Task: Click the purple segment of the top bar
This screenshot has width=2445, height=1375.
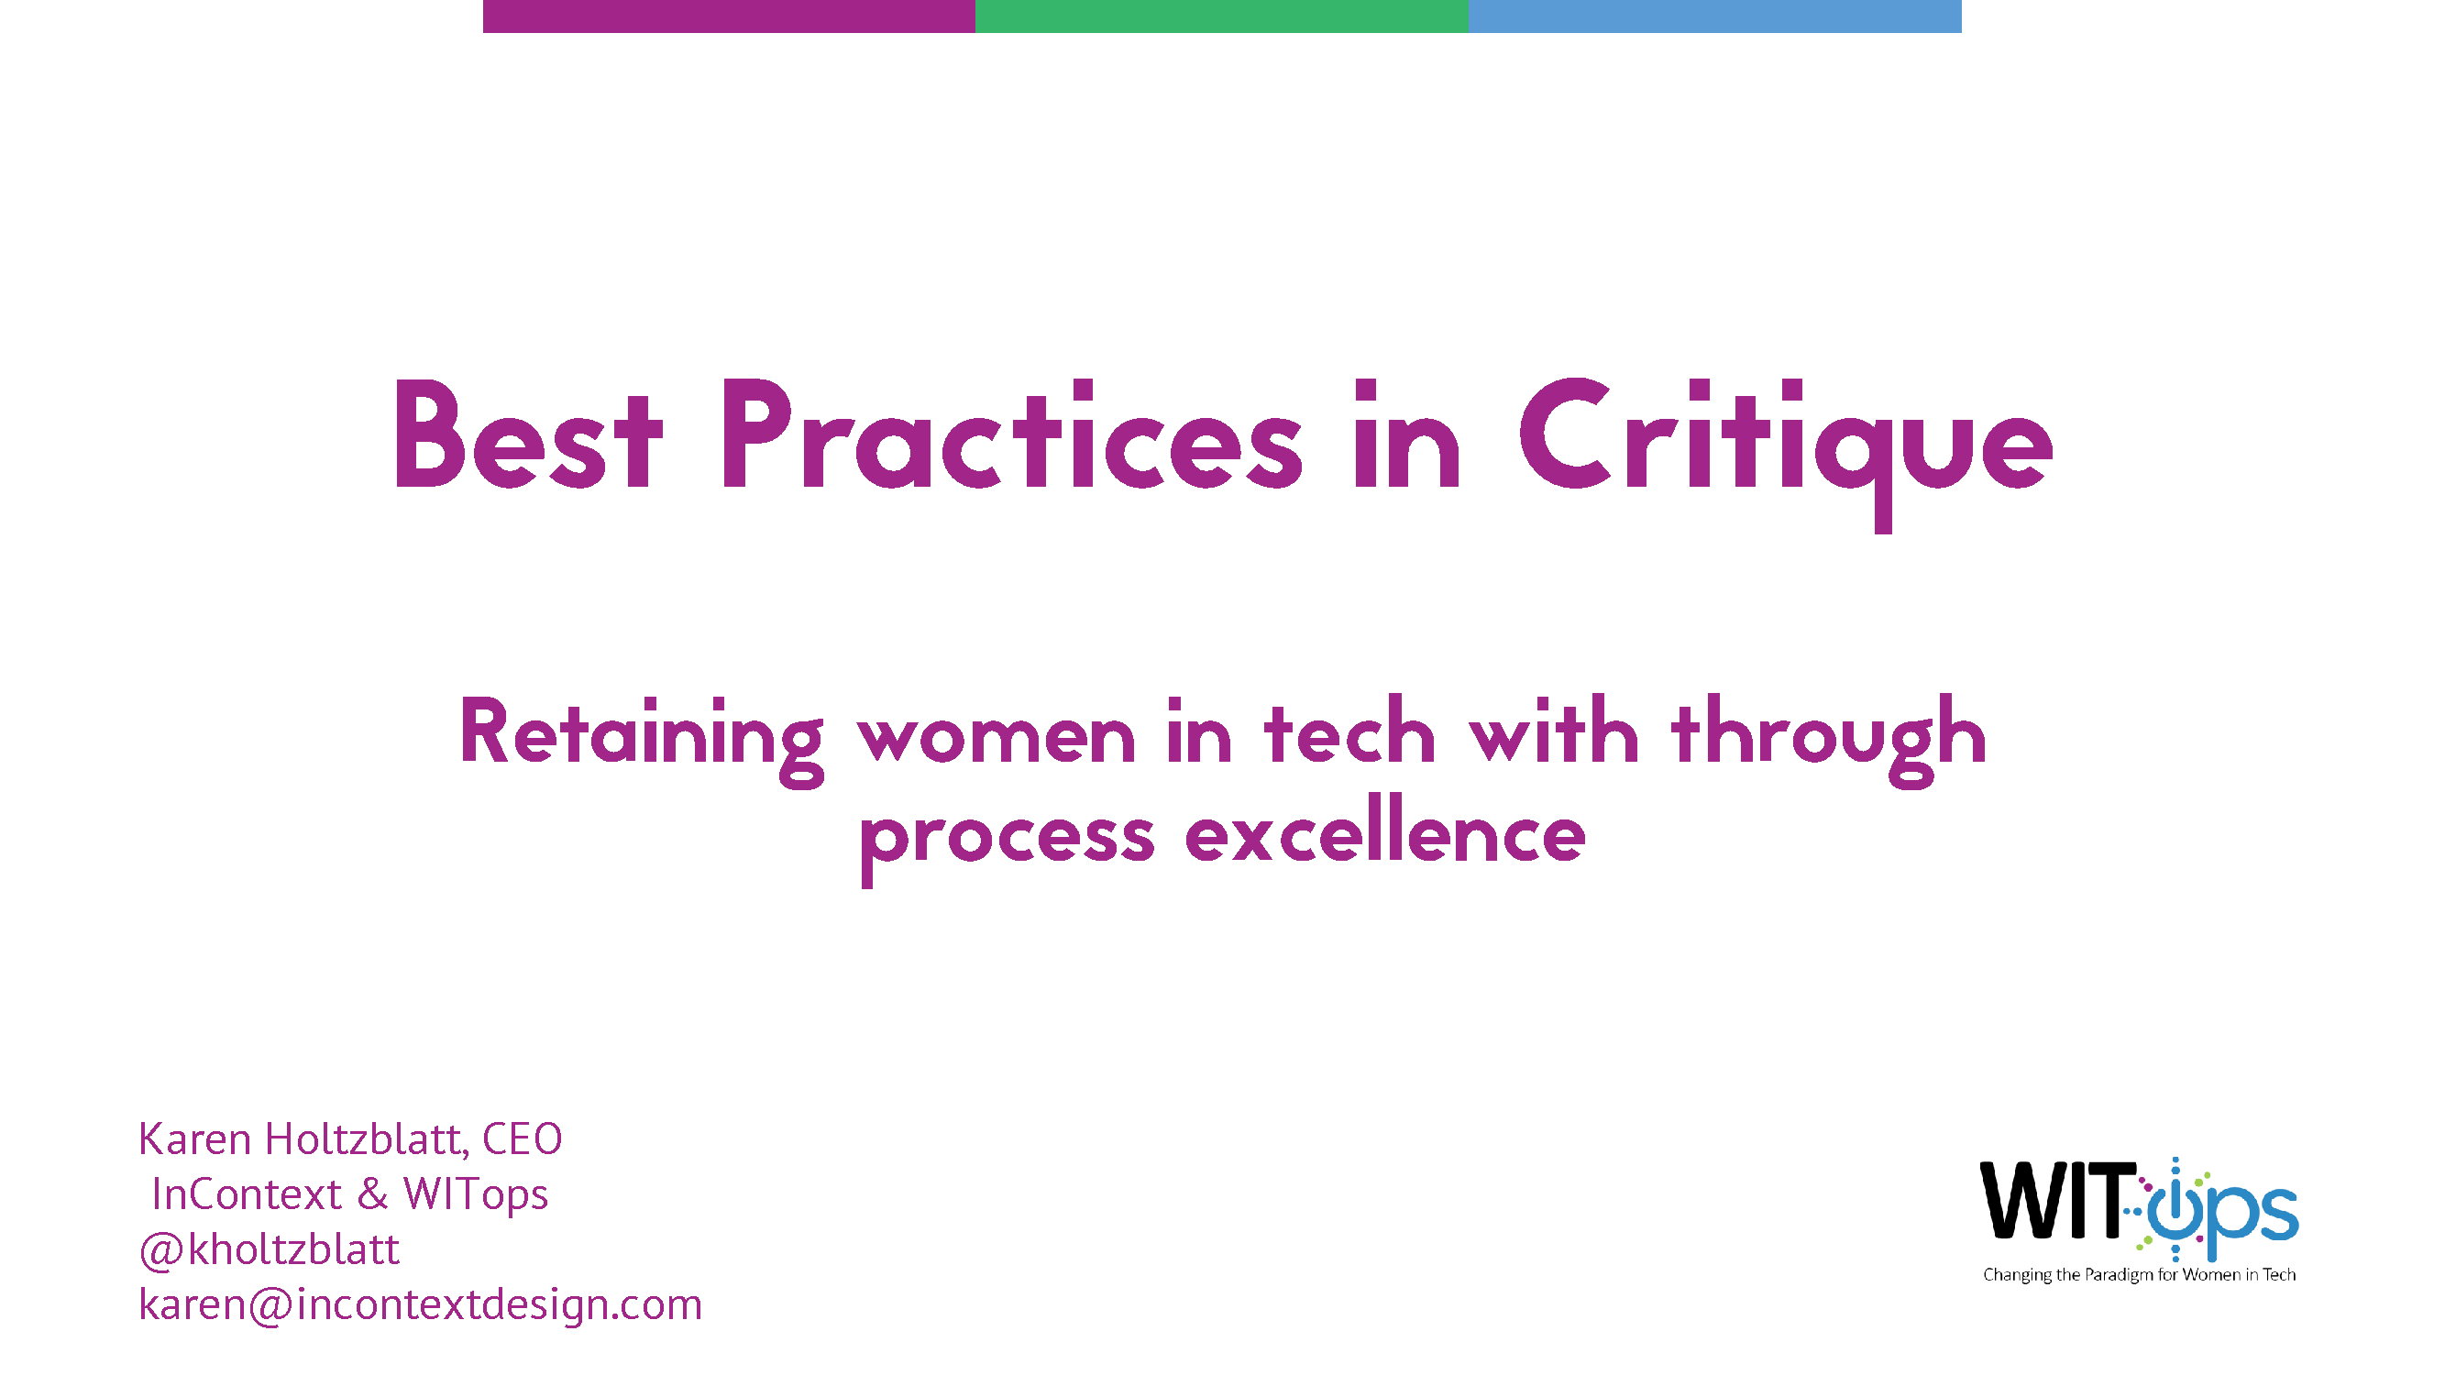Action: click(729, 16)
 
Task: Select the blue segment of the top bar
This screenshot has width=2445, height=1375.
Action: click(1714, 16)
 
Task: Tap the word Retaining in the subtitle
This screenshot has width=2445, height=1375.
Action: click(642, 741)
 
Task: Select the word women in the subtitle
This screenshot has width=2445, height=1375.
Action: click(997, 739)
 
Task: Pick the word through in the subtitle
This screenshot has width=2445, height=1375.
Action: click(1829, 741)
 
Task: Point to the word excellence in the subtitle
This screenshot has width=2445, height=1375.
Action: click(1386, 830)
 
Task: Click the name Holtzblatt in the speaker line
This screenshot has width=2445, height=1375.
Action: click(366, 1138)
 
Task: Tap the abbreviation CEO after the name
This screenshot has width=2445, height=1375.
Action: click(522, 1138)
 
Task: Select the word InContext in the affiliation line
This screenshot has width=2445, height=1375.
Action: click(247, 1193)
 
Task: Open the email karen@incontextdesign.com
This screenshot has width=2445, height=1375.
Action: click(421, 1304)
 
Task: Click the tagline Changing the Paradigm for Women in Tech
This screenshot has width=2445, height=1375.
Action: click(2140, 1274)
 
